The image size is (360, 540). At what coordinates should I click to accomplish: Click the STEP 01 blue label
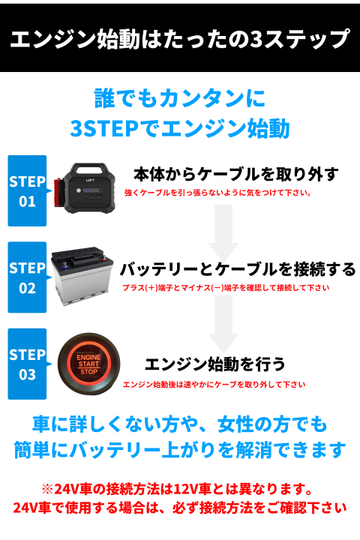pos(28,190)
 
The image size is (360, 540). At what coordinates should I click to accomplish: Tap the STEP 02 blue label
pos(28,277)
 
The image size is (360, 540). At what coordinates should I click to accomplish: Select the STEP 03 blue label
pos(28,364)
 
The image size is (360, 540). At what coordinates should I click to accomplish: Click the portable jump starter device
pos(85,188)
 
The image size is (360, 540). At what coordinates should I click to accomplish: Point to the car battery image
pos(82,276)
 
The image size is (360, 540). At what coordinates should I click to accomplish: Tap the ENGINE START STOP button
pos(88,364)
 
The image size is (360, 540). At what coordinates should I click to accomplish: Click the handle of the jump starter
pos(89,169)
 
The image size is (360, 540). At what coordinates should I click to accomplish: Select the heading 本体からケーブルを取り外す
pos(236,175)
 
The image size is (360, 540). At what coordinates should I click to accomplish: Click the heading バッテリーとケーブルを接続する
pos(238,269)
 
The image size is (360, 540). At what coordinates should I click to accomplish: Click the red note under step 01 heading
pos(218,193)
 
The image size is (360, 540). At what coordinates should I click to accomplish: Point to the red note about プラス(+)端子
pos(226,287)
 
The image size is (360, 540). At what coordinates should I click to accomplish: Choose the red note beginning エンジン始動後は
pos(214,384)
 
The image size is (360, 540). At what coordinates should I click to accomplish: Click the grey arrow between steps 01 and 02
pos(223,233)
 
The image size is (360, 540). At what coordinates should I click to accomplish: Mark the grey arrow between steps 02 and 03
pos(223,325)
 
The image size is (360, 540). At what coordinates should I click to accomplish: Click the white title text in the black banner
pos(180,39)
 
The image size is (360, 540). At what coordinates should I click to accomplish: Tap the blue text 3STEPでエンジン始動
pos(180,128)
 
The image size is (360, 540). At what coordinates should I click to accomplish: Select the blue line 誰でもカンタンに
pos(180,98)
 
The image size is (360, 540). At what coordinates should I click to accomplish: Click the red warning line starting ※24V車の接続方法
pos(177,489)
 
